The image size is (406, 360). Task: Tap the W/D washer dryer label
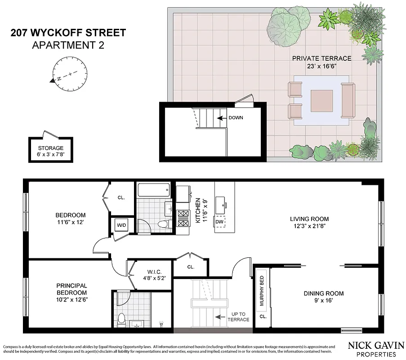(121, 225)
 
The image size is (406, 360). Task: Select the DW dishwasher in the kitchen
(220, 222)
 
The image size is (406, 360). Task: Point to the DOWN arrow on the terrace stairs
(221, 118)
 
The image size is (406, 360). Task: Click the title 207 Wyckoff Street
(67, 33)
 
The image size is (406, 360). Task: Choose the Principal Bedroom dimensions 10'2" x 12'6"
(72, 299)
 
